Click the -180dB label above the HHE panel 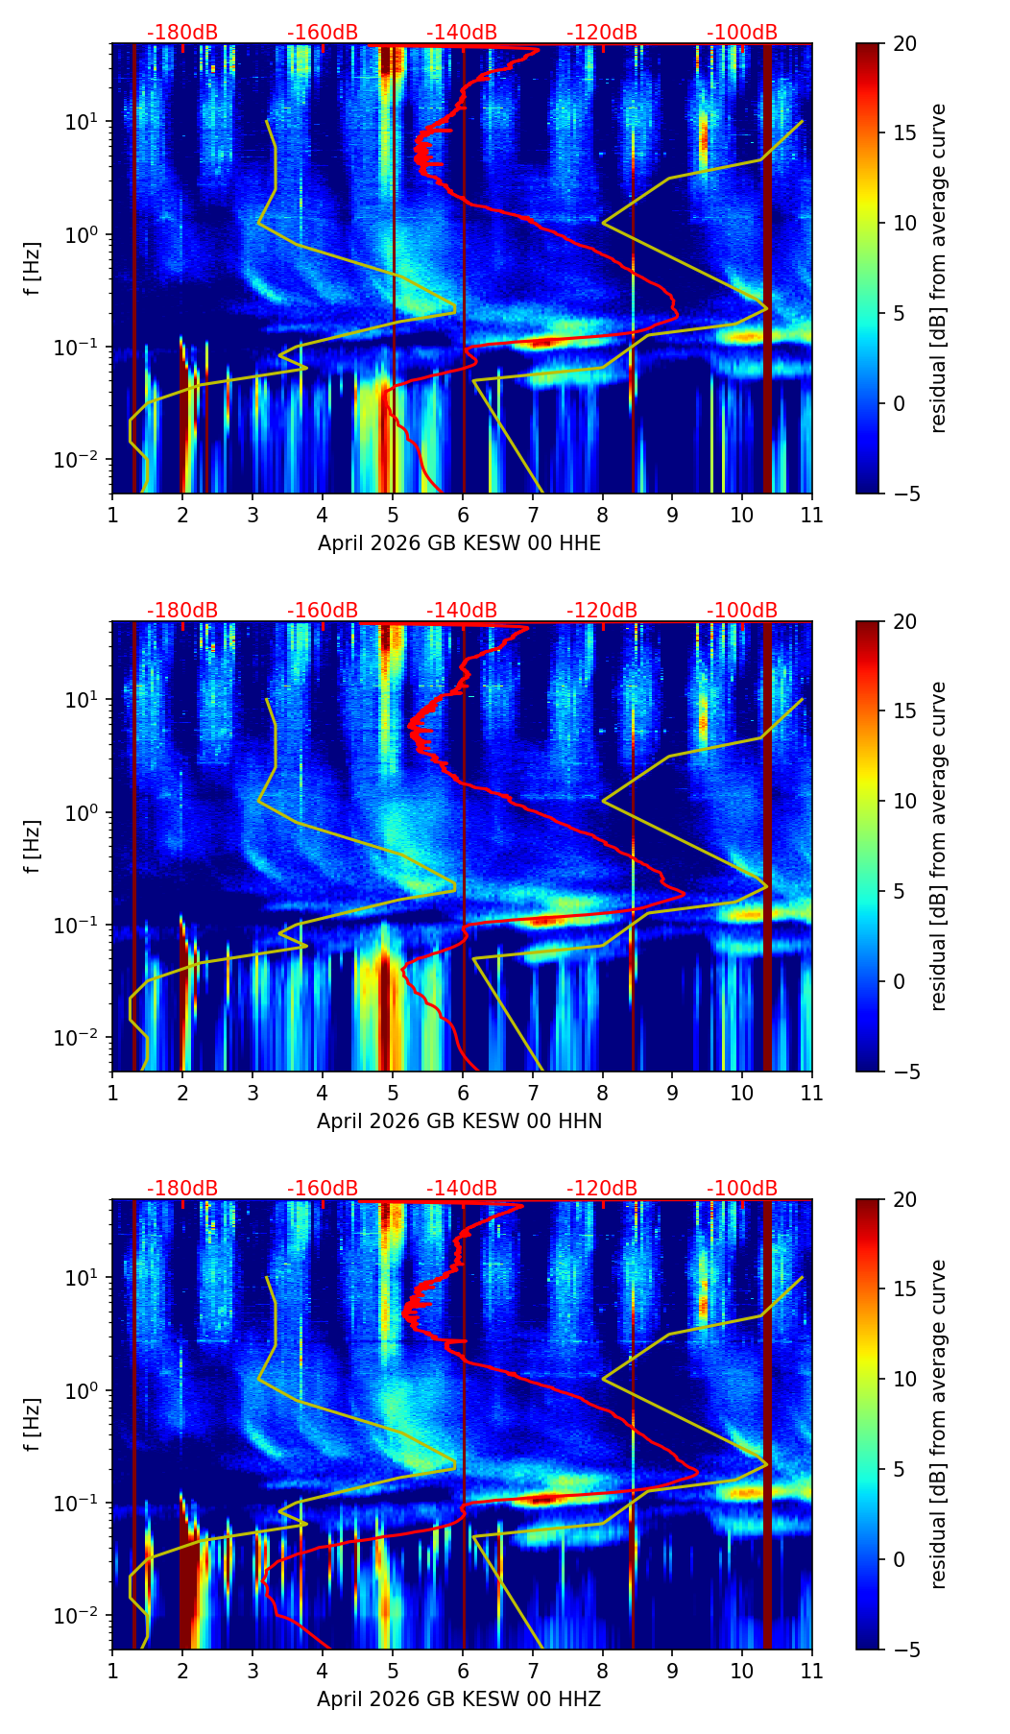pos(182,33)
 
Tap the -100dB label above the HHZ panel pos(742,1189)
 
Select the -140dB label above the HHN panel pos(462,611)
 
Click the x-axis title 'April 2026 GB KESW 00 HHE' pos(459,543)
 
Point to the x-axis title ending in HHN pos(459,1121)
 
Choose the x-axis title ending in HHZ pos(459,1699)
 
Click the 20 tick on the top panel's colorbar pos(903,44)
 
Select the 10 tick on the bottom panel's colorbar pos(903,1379)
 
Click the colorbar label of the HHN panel pos(939,846)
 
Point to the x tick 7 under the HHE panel pos(532,515)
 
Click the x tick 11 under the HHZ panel pos(811,1671)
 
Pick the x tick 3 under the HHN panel pos(252,1093)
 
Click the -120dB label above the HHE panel pos(602,33)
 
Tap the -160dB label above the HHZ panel pos(323,1189)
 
